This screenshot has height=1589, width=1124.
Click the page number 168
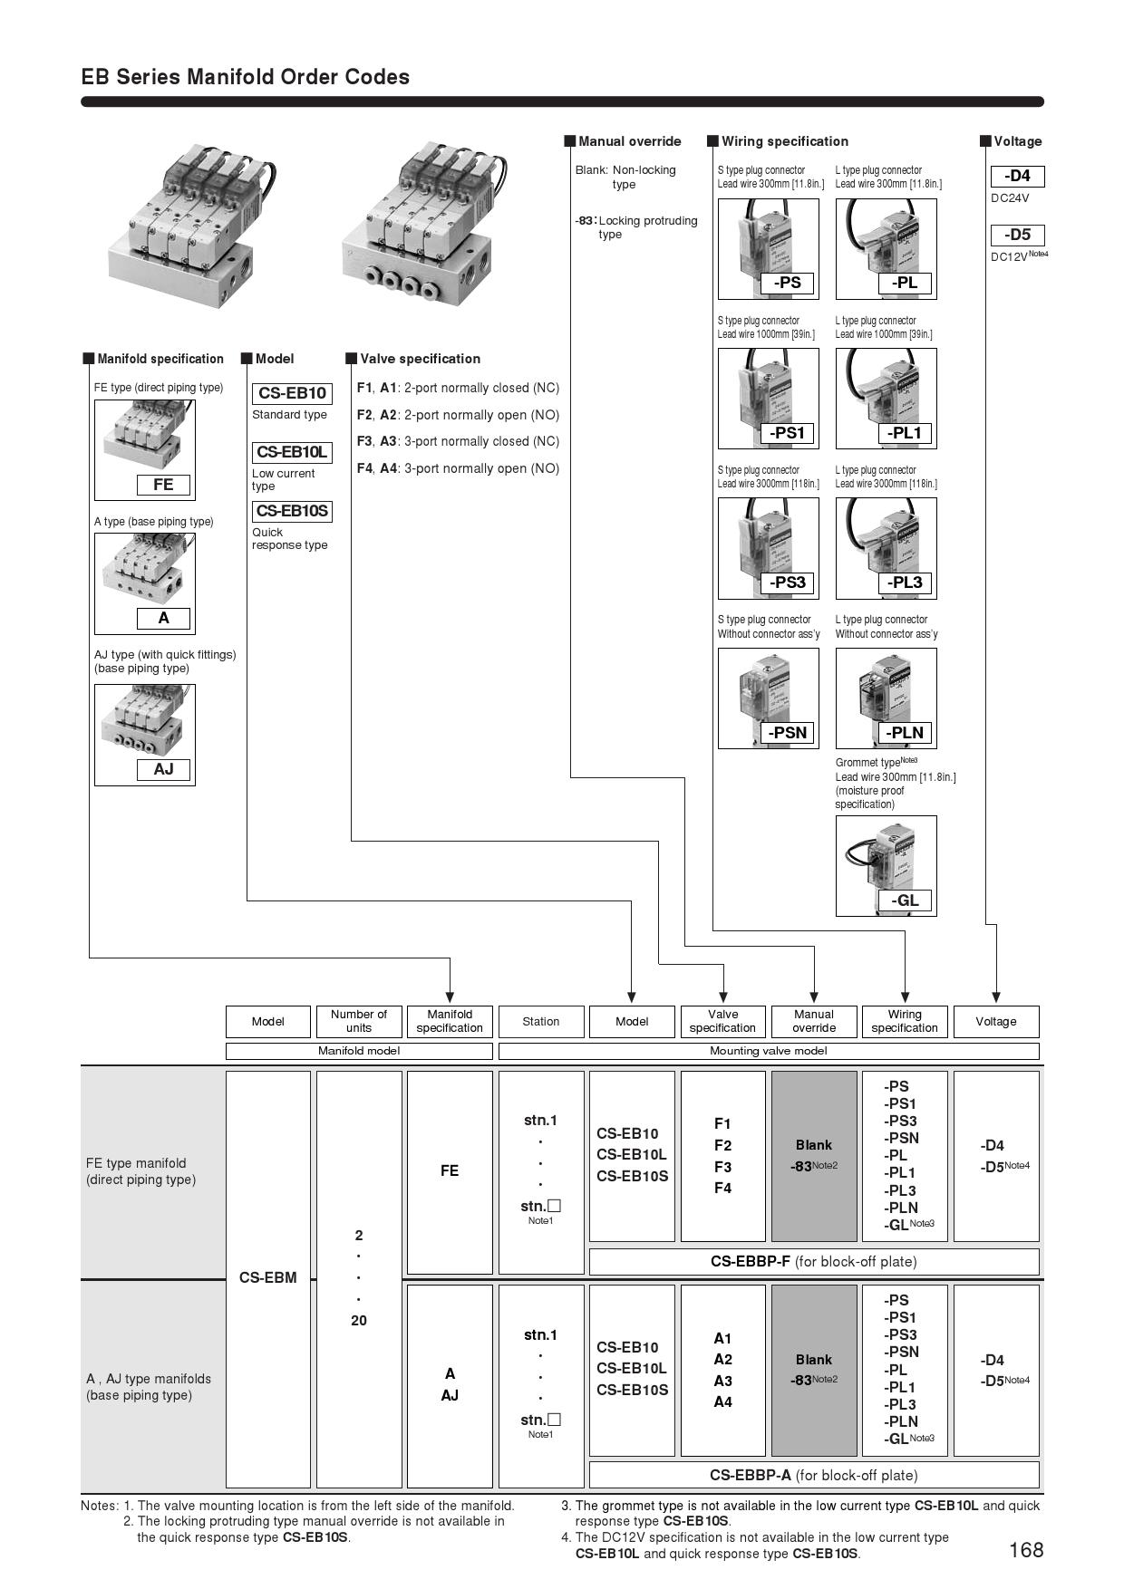tap(1026, 1550)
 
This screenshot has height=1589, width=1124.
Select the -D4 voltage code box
tap(1017, 176)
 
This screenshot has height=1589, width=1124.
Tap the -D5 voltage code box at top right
tap(1017, 235)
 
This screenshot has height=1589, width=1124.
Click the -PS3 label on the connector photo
tap(787, 583)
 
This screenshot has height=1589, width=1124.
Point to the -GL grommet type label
tap(905, 900)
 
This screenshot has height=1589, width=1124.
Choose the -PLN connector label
tap(905, 733)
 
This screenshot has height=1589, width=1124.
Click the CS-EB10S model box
tap(292, 511)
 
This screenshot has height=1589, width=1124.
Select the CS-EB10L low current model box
tap(292, 452)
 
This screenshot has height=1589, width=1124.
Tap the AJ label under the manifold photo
tap(163, 769)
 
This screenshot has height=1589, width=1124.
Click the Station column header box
tap(541, 1021)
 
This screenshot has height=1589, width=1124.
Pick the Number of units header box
tap(359, 1021)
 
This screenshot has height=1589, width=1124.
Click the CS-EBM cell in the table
tap(267, 1278)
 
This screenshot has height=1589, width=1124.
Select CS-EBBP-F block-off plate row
tap(814, 1261)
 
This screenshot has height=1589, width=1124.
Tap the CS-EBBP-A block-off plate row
tap(814, 1475)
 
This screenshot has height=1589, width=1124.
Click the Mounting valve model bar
tap(769, 1051)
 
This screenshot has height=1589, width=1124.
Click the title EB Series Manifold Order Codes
tap(246, 77)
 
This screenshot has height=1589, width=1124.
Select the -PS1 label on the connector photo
tap(787, 433)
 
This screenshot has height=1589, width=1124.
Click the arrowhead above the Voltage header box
tap(996, 998)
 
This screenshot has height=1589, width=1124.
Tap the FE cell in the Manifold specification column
tap(450, 1171)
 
